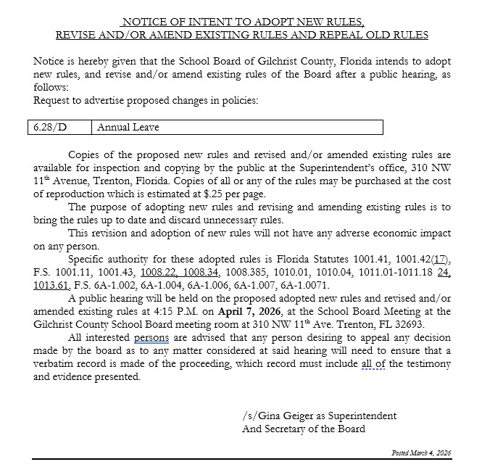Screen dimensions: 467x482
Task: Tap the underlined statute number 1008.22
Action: click(159, 272)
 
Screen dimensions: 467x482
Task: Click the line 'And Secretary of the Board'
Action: click(304, 429)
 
